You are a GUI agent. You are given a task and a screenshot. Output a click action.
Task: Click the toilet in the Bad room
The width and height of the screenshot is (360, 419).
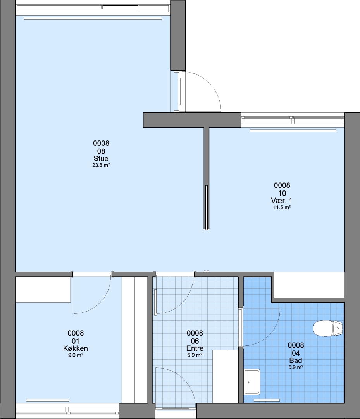[x=328, y=329]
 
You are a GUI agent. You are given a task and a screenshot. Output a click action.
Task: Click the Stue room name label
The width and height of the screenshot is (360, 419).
[x=101, y=158]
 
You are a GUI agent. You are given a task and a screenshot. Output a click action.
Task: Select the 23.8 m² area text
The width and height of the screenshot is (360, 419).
[x=101, y=165]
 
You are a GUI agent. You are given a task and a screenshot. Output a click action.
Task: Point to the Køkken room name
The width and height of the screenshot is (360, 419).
[x=76, y=348]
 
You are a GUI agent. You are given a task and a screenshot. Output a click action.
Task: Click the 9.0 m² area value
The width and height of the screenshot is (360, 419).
[x=76, y=355]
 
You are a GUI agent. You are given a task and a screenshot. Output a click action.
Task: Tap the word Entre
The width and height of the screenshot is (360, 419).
[x=195, y=348]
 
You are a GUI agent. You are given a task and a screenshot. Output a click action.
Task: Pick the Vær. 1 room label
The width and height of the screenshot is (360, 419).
[x=282, y=201]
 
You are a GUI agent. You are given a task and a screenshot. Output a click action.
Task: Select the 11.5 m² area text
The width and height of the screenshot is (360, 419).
[x=282, y=207]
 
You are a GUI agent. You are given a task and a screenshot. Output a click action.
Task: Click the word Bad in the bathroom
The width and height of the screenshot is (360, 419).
[x=296, y=360]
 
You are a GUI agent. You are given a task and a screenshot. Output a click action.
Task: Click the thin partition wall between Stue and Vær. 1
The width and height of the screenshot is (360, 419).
[x=207, y=178]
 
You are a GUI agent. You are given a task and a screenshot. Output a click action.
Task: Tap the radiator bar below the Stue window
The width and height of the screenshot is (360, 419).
[x=93, y=19]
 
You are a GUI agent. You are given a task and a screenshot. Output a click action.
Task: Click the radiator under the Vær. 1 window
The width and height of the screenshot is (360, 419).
[x=293, y=131]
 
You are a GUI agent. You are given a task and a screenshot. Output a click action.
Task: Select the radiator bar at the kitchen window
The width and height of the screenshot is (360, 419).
[x=48, y=400]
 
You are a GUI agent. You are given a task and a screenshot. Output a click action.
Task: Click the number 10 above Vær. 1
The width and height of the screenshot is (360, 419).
[x=282, y=193]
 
